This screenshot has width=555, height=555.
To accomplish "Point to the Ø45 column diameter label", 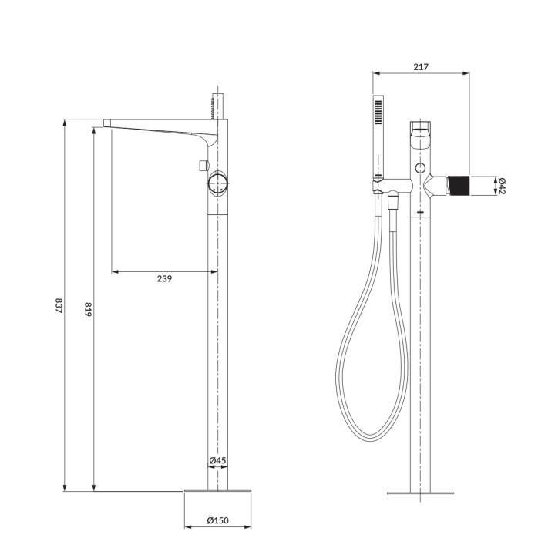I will (x=217, y=461).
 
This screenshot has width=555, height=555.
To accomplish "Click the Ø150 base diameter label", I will (x=218, y=521).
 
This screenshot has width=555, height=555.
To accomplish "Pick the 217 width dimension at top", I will (x=421, y=67).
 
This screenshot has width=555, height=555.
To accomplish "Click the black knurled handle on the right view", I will (x=459, y=186).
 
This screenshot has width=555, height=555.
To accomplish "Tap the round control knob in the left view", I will (x=218, y=184).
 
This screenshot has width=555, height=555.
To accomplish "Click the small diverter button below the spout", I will (x=203, y=165).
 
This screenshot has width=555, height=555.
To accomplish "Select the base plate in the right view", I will (x=420, y=491).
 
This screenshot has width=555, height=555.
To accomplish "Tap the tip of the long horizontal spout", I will (x=106, y=122).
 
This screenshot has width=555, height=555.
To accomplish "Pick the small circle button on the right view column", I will (x=420, y=168).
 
